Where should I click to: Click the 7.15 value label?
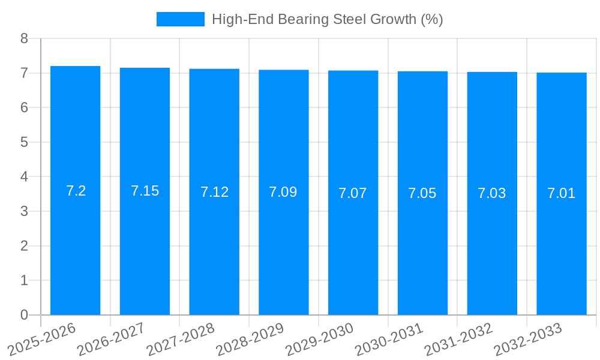[x=145, y=191]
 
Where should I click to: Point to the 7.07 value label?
[x=353, y=193]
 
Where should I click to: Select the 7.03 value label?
[x=492, y=193]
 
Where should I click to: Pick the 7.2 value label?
[x=76, y=191]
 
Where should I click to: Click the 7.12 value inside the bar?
[x=214, y=192]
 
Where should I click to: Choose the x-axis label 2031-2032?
[x=459, y=339]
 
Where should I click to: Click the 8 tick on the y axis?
[x=24, y=39]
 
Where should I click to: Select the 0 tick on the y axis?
[x=24, y=315]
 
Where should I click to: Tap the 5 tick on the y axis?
[x=24, y=143]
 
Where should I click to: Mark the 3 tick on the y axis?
[x=24, y=212]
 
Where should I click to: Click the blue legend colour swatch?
[x=180, y=19]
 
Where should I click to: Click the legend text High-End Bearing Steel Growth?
[x=327, y=19]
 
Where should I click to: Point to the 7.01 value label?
[x=562, y=193]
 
